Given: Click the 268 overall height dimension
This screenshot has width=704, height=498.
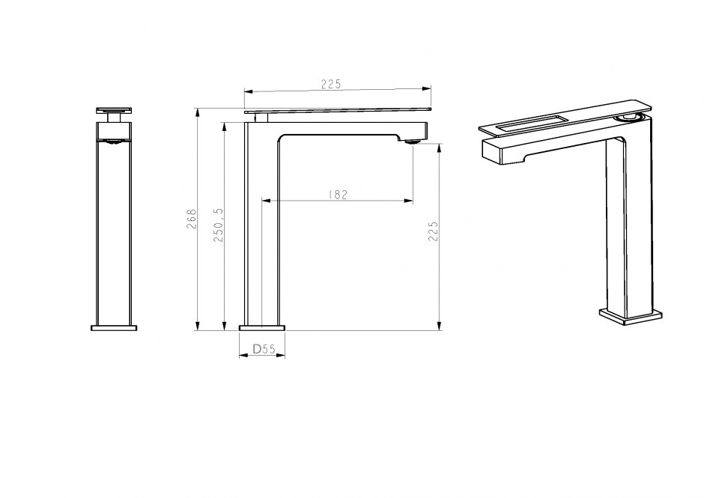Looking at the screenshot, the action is (192, 219).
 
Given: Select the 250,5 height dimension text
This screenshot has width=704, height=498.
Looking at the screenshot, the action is (219, 225).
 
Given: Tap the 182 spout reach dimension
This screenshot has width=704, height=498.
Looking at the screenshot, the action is (338, 195).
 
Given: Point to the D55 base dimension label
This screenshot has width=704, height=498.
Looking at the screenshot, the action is (264, 349).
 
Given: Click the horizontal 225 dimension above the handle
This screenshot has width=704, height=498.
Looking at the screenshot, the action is (331, 84).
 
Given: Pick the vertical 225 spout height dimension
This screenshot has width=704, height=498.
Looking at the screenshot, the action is (433, 231).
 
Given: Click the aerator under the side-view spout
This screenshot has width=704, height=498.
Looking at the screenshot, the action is (412, 142).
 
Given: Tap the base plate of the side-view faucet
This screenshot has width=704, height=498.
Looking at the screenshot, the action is (262, 328).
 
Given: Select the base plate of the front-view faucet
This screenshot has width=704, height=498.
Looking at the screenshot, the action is (114, 328).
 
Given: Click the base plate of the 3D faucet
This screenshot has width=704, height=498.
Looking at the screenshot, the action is (631, 316).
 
